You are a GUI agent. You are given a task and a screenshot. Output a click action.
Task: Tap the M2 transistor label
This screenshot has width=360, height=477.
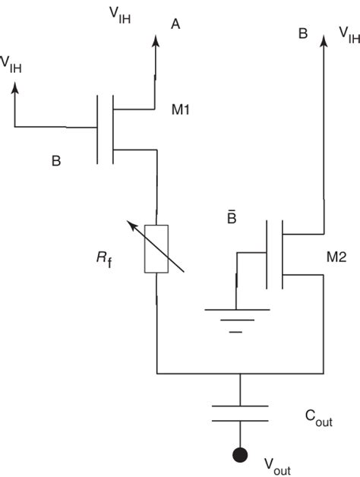point(336,258)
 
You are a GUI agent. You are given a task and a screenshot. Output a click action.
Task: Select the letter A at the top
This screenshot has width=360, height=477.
point(175,24)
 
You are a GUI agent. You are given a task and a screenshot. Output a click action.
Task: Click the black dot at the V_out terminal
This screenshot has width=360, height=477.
point(240,456)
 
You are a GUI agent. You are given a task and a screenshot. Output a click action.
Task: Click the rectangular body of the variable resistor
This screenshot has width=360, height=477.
point(156,248)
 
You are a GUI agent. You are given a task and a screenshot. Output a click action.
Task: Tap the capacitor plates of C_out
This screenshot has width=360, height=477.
point(240,412)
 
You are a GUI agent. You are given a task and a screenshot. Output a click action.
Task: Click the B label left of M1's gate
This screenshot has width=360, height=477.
point(55,162)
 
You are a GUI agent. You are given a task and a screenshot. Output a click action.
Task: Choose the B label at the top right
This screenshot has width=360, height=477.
point(302,33)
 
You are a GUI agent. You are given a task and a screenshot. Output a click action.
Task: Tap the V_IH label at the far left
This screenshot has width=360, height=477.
point(11,64)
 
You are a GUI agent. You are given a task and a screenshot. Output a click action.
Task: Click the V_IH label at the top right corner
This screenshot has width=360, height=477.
point(349,35)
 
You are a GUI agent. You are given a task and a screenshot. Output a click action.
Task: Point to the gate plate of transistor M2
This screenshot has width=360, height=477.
point(267,254)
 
